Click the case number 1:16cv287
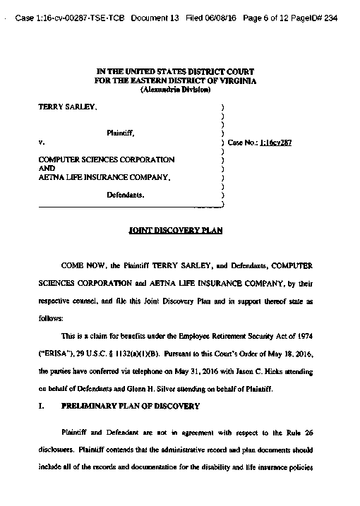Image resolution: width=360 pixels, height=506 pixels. pyautogui.click(x=276, y=142)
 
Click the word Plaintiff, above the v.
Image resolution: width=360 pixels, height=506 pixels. pyautogui.click(x=121, y=133)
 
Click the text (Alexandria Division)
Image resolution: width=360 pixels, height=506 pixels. pyautogui.click(x=176, y=90)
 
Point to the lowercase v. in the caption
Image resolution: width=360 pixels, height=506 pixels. pyautogui.click(x=41, y=142)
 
